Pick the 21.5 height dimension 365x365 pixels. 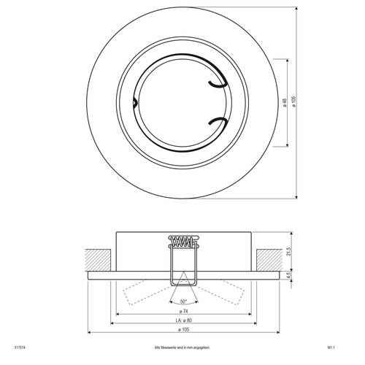point(289,252)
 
